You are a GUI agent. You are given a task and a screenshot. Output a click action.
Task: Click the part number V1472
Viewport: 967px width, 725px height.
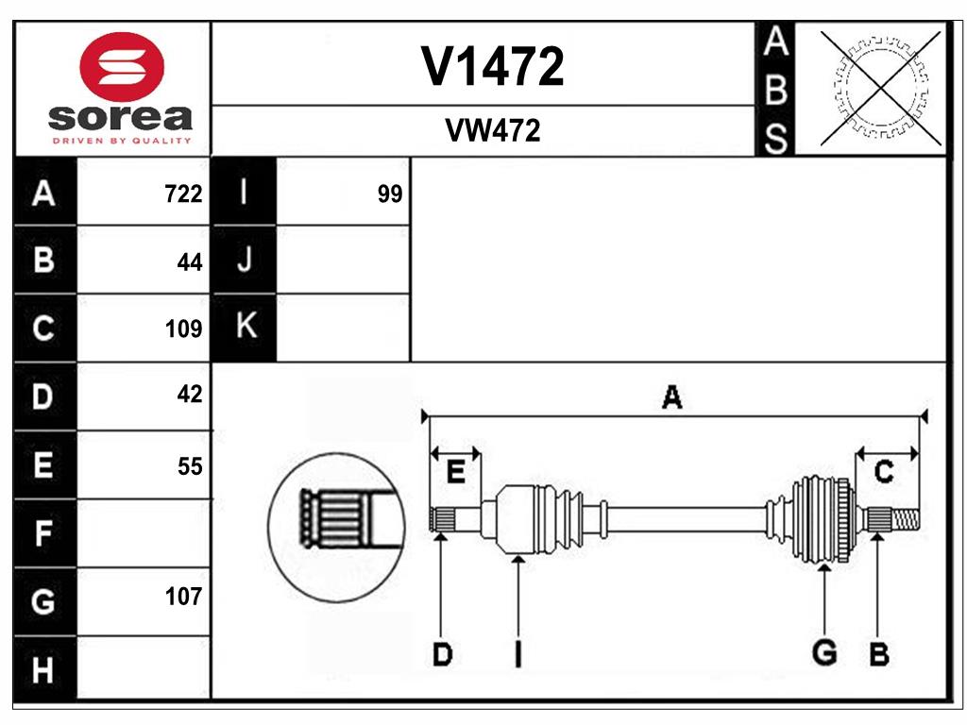492,66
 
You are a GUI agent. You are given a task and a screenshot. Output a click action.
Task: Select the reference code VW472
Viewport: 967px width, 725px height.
492,130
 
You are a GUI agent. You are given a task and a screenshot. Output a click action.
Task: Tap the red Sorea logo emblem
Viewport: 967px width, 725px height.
122,67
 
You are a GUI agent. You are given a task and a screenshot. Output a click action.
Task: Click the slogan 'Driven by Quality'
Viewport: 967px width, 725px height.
122,141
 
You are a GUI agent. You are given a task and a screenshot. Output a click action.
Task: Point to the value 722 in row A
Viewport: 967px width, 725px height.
183,194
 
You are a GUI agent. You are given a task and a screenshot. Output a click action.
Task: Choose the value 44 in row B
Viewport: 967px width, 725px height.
189,262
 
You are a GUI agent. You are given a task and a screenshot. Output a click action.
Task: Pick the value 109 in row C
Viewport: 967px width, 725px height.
183,329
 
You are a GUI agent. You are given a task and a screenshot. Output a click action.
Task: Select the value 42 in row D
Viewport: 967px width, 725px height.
189,394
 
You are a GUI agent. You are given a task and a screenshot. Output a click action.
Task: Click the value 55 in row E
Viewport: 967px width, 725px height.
189,466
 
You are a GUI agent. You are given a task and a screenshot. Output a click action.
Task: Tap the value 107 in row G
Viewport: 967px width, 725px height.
183,597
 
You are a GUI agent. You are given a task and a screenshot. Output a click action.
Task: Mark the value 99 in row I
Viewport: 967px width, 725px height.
390,194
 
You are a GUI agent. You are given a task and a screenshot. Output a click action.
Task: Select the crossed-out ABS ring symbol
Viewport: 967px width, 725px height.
881,89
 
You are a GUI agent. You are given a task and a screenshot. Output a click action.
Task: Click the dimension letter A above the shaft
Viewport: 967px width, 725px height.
671,396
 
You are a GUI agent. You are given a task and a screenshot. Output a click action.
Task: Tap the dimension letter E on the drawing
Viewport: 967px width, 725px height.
455,473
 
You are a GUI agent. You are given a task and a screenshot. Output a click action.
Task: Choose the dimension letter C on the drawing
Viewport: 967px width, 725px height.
884,472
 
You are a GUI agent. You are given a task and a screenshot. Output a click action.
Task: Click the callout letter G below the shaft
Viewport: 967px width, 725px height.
824,652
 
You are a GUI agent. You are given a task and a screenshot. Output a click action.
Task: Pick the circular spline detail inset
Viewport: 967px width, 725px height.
336,527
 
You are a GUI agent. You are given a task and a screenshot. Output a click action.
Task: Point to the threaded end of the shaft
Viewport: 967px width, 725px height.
906,519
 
